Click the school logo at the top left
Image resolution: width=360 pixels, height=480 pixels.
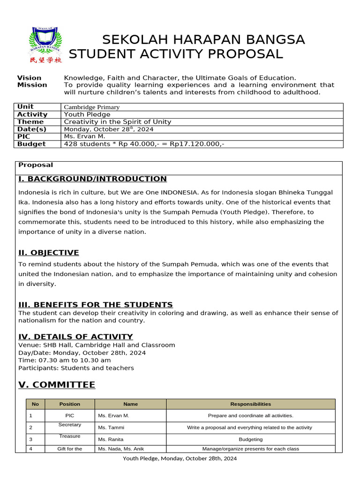tap(45, 45)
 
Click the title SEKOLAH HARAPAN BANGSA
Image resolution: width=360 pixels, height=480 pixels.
tap(203, 40)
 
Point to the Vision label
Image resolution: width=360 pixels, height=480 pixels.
tap(29, 78)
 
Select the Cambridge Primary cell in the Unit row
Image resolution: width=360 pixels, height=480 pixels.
tap(91, 107)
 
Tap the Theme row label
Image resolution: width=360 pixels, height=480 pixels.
tap(30, 122)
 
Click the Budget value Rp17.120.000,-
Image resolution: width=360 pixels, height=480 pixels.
tap(197, 144)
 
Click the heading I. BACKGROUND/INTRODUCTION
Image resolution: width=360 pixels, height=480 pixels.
tap(92, 179)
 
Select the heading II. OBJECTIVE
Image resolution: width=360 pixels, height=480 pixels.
tap(49, 253)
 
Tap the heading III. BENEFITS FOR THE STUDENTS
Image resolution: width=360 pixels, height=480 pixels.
tap(96, 305)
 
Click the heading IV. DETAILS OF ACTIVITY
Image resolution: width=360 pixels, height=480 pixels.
tap(75, 337)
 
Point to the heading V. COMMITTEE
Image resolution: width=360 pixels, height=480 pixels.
tap(57, 385)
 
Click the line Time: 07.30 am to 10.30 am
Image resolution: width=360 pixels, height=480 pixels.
tap(65, 360)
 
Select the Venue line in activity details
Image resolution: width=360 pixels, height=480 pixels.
tap(97, 345)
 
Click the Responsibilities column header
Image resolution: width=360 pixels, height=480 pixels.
tap(250, 404)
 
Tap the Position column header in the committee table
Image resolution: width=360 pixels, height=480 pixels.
tap(70, 404)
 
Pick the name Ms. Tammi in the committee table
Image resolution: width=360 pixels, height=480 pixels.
tap(111, 427)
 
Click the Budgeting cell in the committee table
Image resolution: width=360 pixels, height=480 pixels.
tap(250, 440)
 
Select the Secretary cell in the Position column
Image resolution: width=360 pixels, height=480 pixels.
tap(70, 425)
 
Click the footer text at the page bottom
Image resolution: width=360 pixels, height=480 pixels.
tap(180, 458)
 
